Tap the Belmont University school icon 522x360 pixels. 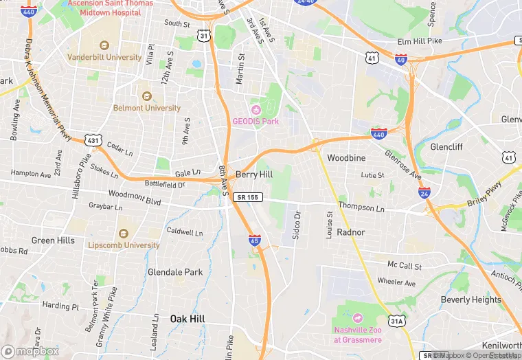click(x=145, y=96)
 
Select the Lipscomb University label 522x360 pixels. click(x=124, y=245)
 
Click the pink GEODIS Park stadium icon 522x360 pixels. click(x=256, y=110)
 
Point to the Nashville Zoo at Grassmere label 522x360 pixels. click(x=357, y=335)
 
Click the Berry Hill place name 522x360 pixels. click(x=254, y=175)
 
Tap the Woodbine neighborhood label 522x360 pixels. click(x=346, y=158)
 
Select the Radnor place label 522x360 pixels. click(x=350, y=232)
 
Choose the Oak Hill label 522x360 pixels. click(x=188, y=319)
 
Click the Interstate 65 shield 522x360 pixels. click(x=255, y=240)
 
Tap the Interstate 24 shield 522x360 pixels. click(x=424, y=194)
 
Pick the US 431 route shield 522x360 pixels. click(x=94, y=141)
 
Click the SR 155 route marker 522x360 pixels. click(x=248, y=197)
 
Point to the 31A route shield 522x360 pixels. click(x=396, y=320)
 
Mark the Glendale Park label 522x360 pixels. click(x=175, y=272)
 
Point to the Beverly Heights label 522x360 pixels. click(x=470, y=300)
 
